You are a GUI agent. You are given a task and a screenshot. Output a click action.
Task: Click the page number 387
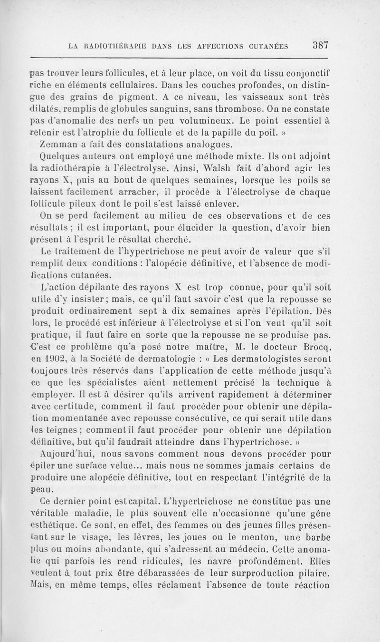pyautogui.click(x=321, y=45)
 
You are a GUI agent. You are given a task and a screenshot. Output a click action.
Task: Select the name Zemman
pyautogui.click(x=60, y=144)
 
